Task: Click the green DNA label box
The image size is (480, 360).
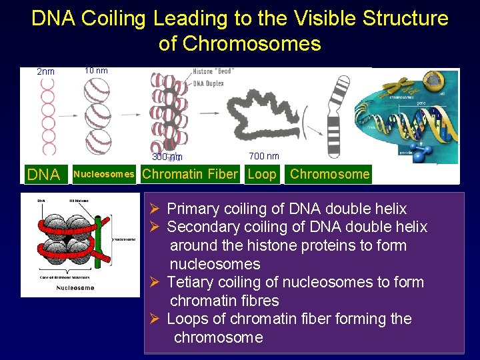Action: [x=44, y=175]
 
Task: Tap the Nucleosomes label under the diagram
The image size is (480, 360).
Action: [x=103, y=175]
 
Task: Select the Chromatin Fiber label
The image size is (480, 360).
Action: [x=190, y=175]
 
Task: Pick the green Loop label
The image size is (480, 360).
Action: [x=261, y=175]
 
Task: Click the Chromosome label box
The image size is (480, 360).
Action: [x=329, y=175]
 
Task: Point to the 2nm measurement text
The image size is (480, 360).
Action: [x=45, y=72]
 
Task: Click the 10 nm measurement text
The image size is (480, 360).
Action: [x=96, y=71]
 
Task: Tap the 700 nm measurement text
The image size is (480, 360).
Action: [x=264, y=156]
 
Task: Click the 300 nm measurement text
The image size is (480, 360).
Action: [x=167, y=157]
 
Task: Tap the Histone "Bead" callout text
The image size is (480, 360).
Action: [x=213, y=71]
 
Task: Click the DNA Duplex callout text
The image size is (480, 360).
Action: [x=208, y=83]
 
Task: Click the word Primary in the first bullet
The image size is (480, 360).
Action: [x=193, y=209]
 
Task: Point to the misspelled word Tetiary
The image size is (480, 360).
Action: [x=189, y=282]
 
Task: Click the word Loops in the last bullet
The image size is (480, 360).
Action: [x=185, y=319]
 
